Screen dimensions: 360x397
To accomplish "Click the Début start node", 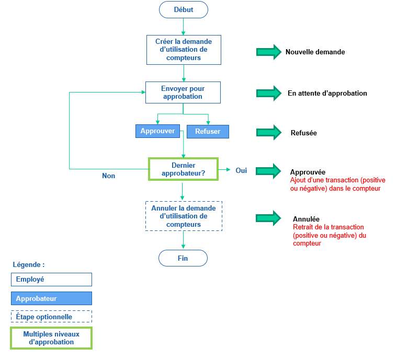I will (183, 9).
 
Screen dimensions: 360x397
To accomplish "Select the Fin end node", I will (183, 258).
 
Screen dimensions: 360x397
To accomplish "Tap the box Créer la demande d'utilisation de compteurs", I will (183, 50).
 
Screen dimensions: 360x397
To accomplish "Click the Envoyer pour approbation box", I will (183, 92).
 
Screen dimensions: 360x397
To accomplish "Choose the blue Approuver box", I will (158, 131).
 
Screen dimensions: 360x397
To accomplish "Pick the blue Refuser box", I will (208, 132).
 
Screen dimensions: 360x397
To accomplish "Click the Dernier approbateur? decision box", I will (183, 169).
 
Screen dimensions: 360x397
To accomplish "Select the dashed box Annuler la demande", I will (183, 216).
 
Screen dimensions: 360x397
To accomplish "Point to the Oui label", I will (241, 170).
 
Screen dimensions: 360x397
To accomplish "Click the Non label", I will (109, 176).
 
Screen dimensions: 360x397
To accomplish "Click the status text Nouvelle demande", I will (315, 52).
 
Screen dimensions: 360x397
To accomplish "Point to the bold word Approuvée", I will (308, 172).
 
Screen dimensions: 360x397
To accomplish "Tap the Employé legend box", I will (51, 280).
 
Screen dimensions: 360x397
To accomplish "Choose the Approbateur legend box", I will (51, 298).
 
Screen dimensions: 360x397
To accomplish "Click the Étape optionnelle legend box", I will (51, 317).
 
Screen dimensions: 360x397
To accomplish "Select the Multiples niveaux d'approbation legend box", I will (51, 338).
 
